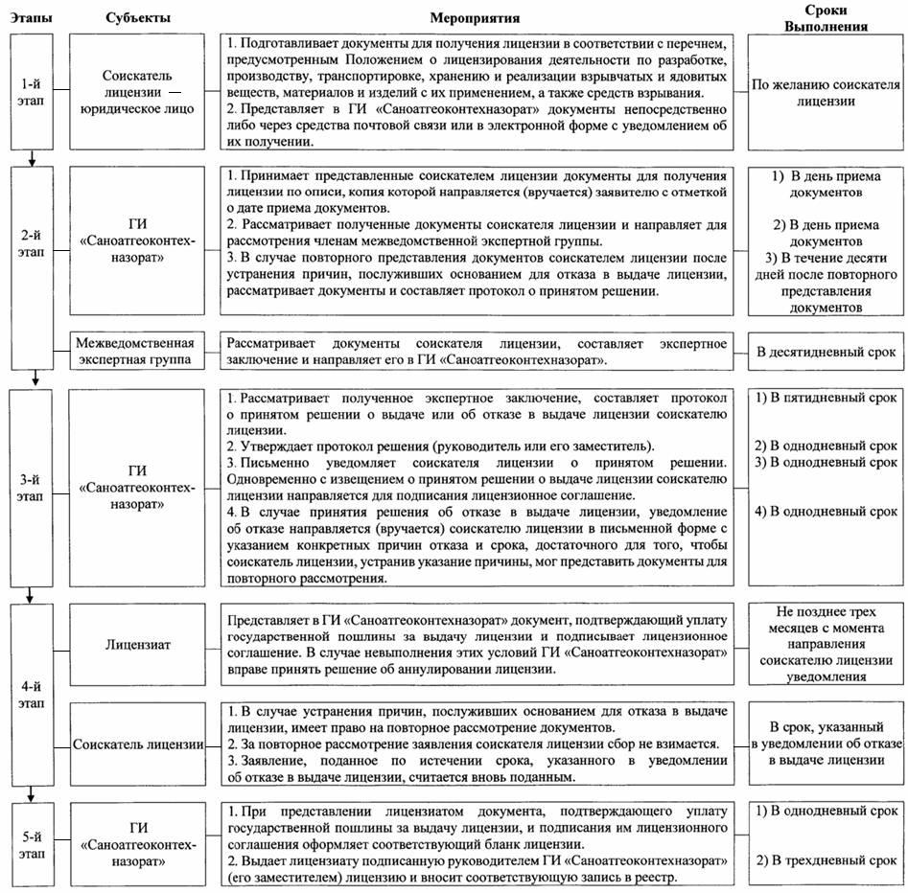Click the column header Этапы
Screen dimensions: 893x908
click(32, 16)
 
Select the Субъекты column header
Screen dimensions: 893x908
click(137, 16)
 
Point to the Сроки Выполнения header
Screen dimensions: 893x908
click(826, 17)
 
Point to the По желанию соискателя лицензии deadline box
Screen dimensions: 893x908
click(826, 91)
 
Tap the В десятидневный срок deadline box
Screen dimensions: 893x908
click(826, 352)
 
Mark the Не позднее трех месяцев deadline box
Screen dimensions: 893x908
click(826, 644)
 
